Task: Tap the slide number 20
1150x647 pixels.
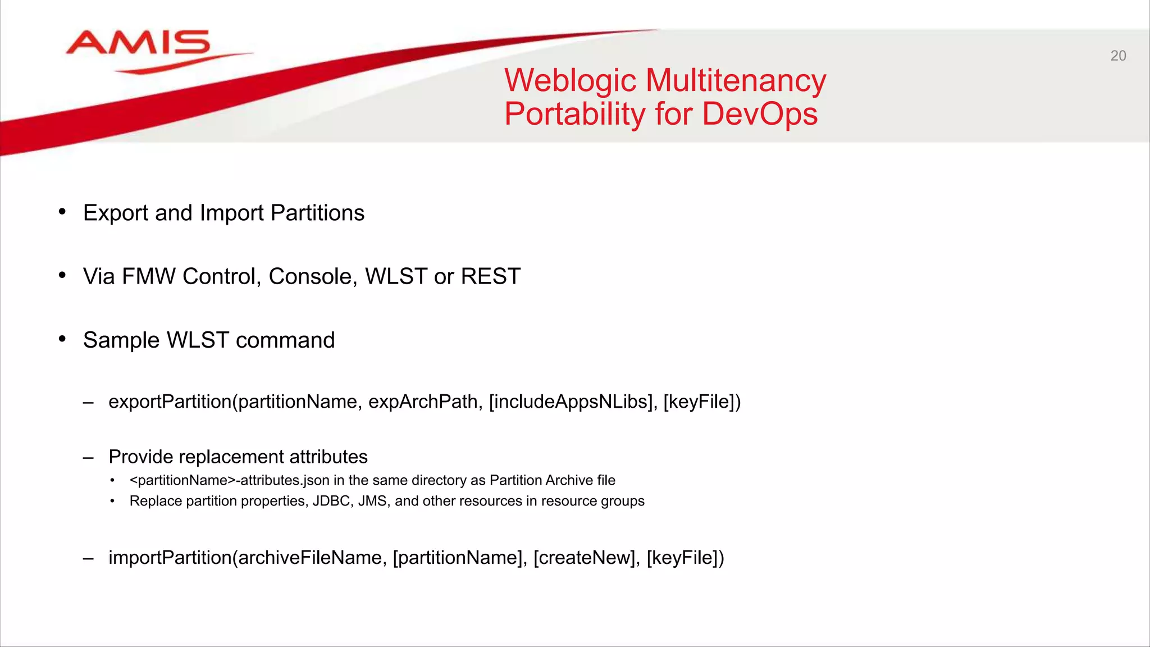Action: coord(1118,56)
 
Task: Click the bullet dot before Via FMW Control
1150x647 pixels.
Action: coord(62,275)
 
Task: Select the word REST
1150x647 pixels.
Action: coord(490,276)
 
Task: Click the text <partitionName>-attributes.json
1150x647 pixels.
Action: coord(229,481)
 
